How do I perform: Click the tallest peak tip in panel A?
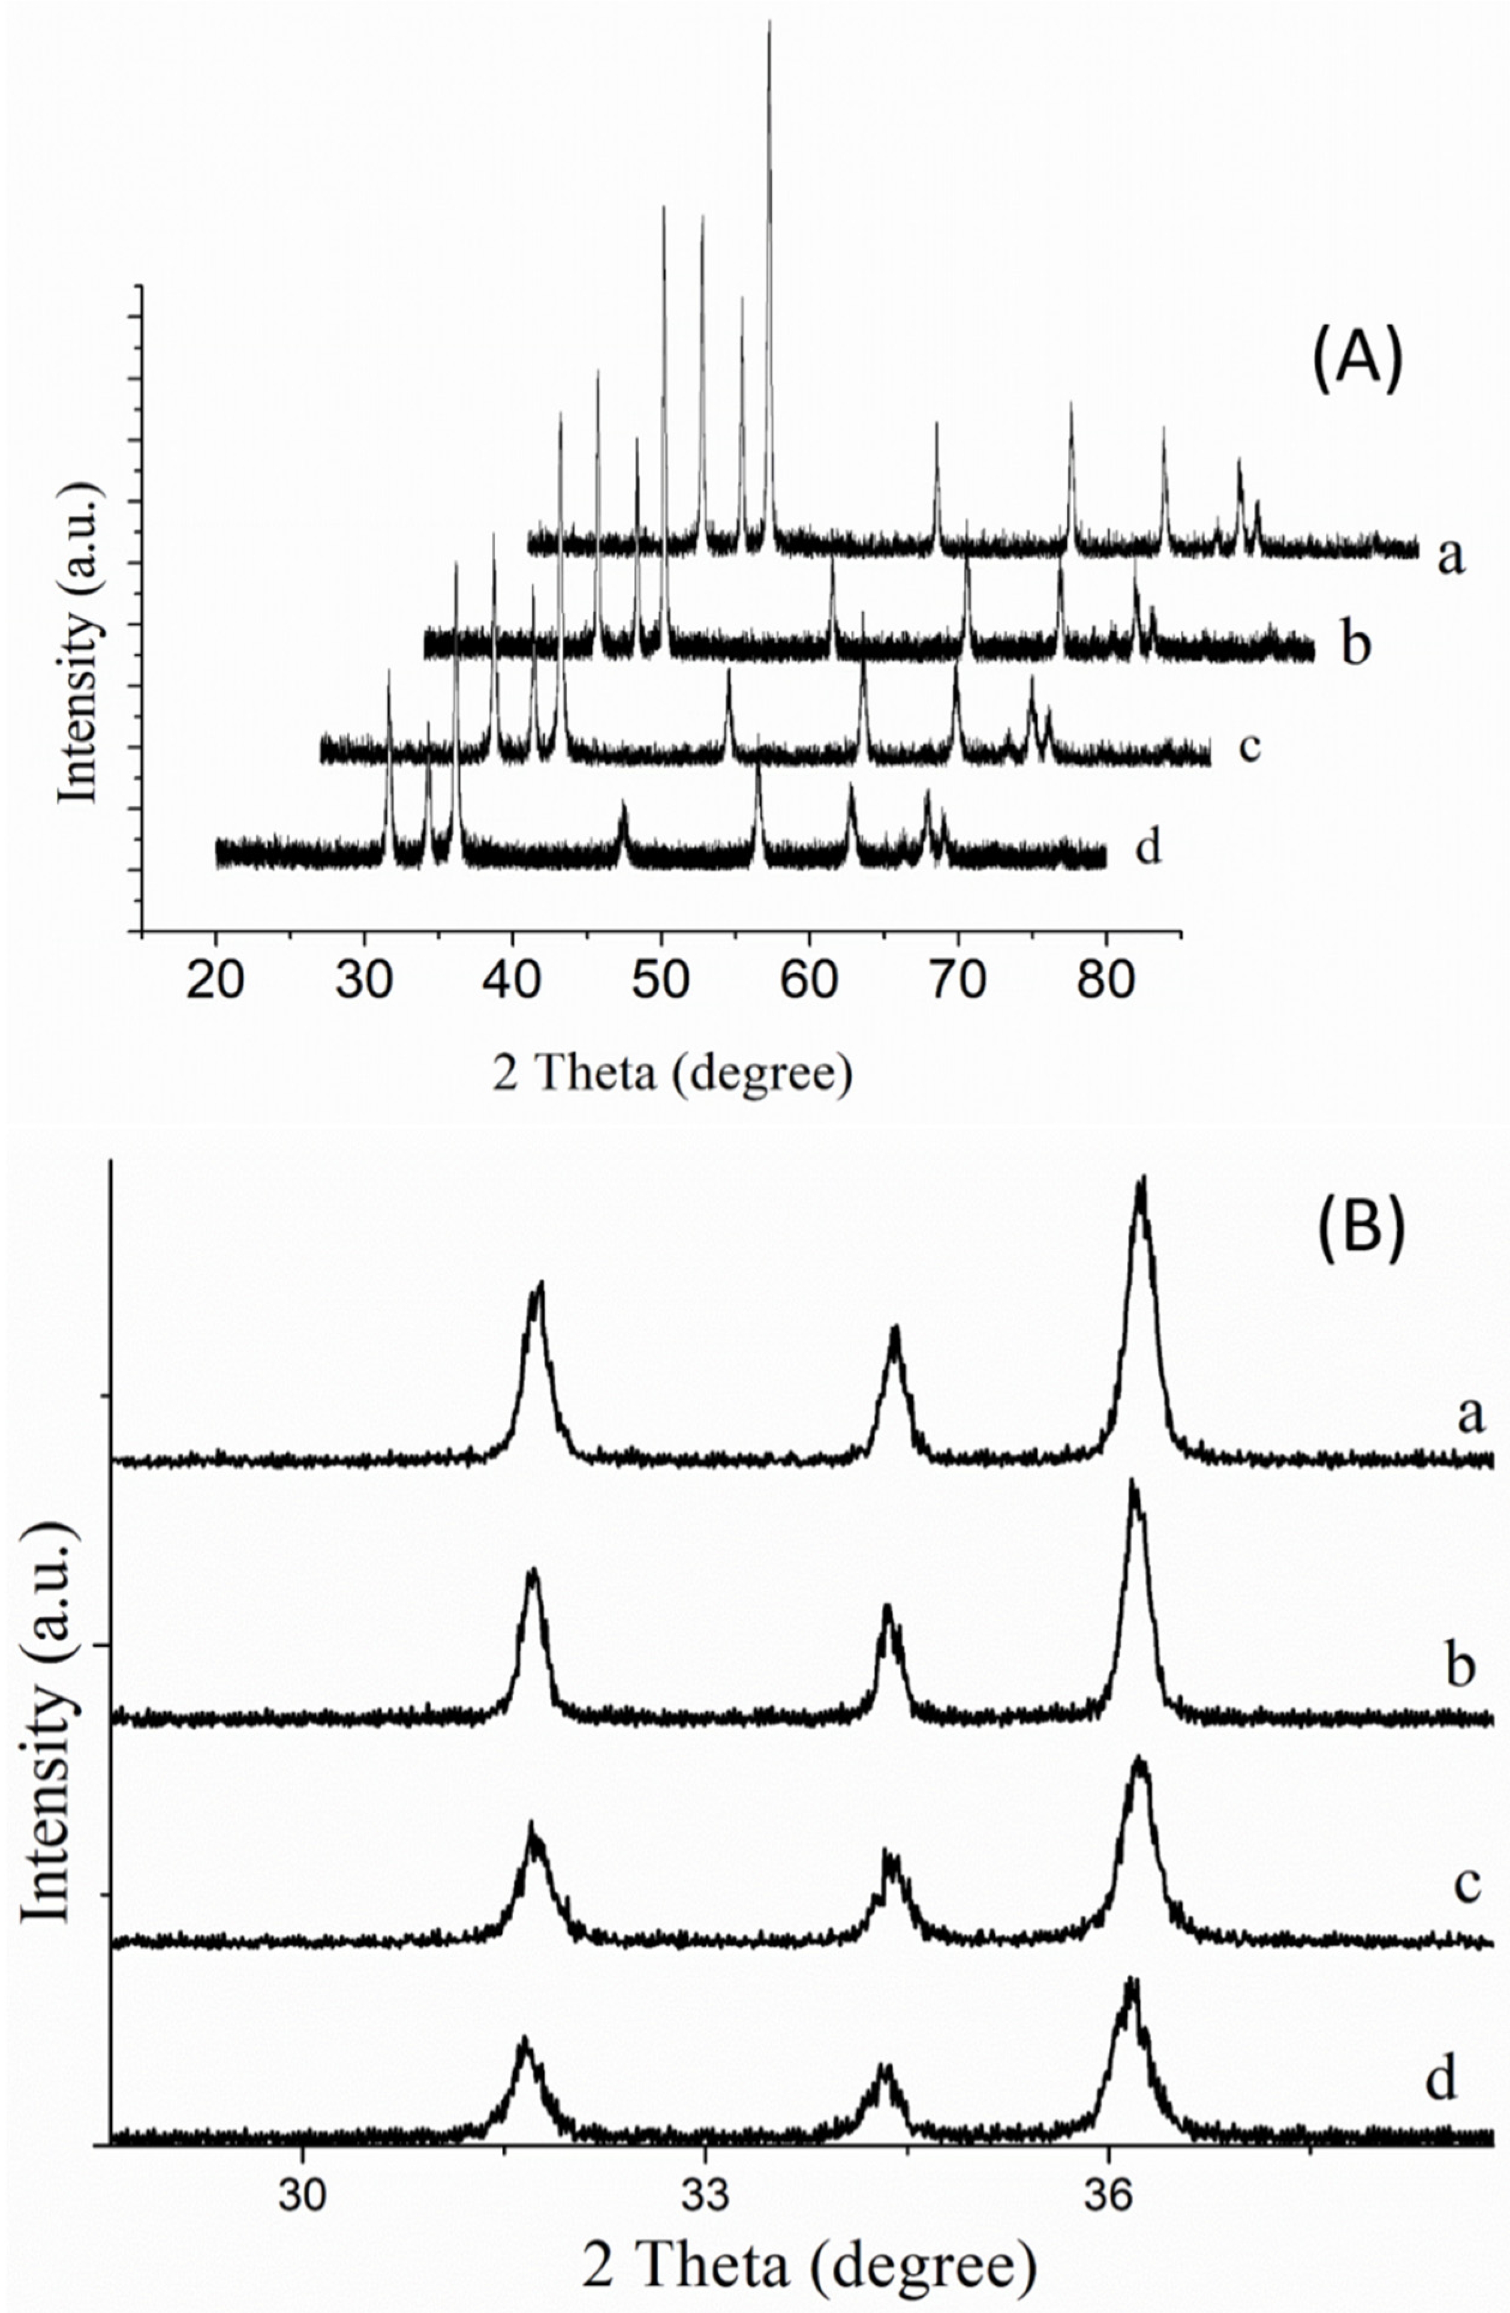click(x=769, y=22)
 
